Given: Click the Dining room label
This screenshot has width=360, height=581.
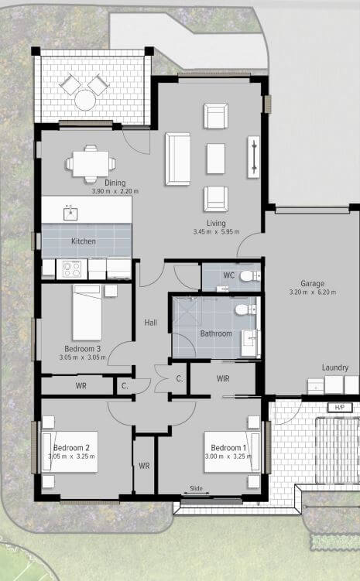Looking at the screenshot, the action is pos(115,183).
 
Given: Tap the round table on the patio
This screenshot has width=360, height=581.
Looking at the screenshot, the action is pos(85,100).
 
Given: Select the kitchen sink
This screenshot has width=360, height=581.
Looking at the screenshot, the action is pos(70,214).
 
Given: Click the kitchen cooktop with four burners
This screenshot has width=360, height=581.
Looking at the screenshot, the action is pos(71,268).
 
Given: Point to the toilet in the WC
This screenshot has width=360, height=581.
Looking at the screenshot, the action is pos(250,275).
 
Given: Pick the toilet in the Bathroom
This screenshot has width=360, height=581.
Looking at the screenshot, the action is pos(245,309).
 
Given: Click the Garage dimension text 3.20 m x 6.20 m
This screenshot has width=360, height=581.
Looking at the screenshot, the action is pos(313,292).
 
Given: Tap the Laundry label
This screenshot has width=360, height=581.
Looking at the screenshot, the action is pos(335,367).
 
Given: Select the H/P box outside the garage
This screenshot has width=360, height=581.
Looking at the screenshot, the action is pos(340,407).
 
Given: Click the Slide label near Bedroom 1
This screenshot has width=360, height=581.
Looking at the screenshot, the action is pos(196,488).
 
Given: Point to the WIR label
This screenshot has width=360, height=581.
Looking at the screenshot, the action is pos(223,378).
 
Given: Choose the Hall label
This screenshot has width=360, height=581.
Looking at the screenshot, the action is pos(150,323).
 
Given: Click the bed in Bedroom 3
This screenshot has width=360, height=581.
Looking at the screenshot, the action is pos(87,312).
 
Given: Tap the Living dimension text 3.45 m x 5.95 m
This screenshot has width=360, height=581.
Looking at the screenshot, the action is pos(216,232).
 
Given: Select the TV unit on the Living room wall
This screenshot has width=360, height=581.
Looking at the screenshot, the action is pos(254,157).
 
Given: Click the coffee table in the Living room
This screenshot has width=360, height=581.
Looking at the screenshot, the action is pos(216,159).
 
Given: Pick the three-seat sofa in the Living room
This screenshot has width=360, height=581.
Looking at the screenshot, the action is pos(178,159).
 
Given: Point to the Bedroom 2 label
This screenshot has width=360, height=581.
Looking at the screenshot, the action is pos(71,448).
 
